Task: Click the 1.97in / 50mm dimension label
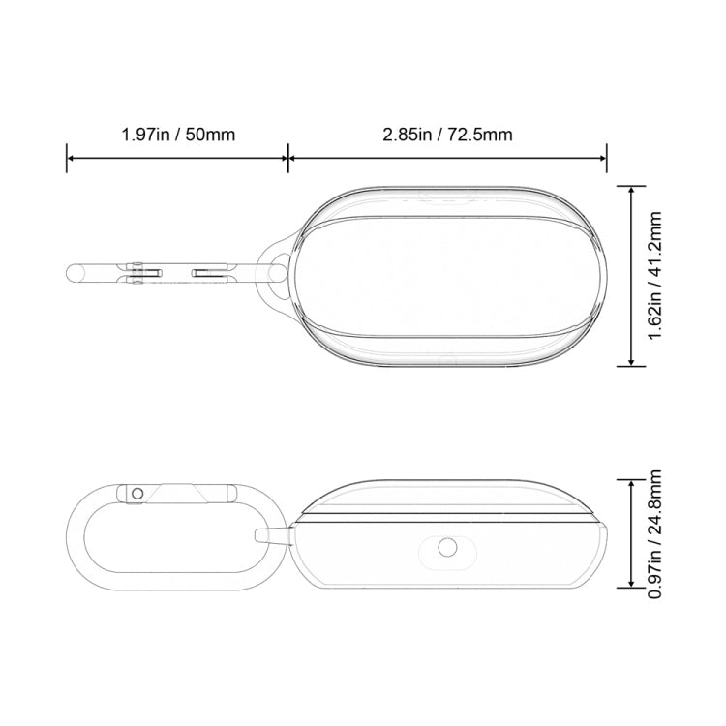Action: [178, 134]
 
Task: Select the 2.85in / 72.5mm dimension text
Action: [447, 134]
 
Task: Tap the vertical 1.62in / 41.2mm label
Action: [655, 275]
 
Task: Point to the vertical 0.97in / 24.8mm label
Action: [655, 531]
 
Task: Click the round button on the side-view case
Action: [447, 548]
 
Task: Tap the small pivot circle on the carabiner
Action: [137, 494]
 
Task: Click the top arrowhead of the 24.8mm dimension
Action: [632, 481]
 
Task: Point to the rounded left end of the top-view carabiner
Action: [73, 273]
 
